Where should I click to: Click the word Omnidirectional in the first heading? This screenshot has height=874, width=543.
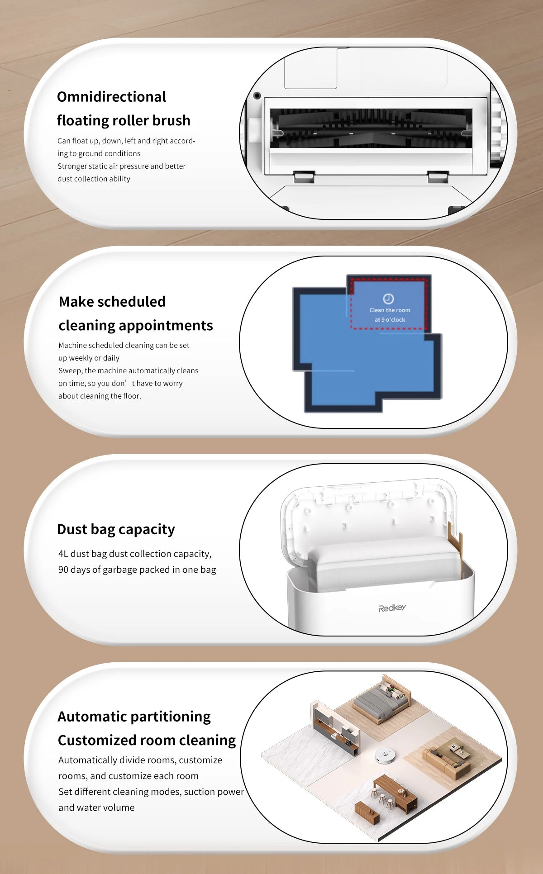click(111, 97)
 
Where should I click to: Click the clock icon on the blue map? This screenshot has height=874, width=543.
click(388, 299)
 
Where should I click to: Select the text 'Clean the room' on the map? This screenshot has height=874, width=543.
click(390, 310)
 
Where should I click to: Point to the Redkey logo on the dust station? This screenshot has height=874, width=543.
click(392, 608)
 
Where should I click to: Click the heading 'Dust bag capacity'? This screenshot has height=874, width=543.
click(116, 529)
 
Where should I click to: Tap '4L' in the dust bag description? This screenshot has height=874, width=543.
click(63, 554)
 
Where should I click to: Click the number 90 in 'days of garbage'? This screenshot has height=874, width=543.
click(63, 570)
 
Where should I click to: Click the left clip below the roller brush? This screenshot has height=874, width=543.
click(304, 176)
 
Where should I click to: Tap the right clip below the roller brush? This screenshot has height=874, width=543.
click(438, 176)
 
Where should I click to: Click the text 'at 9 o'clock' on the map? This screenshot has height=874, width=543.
click(390, 320)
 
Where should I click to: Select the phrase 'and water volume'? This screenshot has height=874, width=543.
click(96, 808)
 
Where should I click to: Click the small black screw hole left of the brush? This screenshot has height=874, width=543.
click(257, 95)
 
